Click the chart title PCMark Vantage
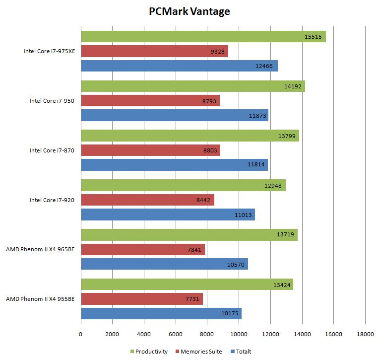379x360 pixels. click(189, 11)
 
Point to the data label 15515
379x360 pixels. click(314, 36)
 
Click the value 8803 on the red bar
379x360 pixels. click(210, 150)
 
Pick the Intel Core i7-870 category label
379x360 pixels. click(52, 150)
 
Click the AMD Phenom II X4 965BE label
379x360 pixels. click(40, 249)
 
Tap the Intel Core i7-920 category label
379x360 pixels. click(52, 200)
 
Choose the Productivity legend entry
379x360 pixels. click(151, 352)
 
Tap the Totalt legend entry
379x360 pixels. click(244, 352)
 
